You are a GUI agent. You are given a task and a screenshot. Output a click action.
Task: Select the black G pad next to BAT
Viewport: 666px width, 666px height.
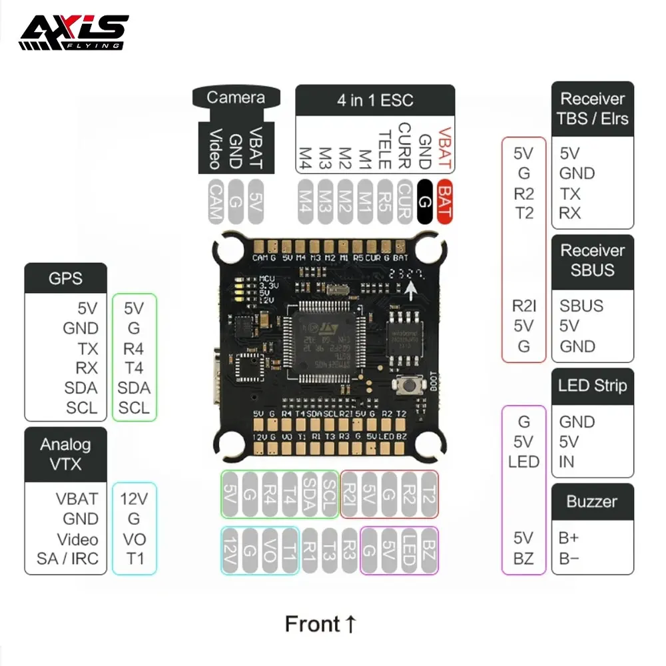point(424,201)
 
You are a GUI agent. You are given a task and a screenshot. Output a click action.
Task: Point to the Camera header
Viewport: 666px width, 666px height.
point(235,98)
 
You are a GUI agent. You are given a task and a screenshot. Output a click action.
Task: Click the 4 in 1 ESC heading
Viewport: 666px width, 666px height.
point(374,101)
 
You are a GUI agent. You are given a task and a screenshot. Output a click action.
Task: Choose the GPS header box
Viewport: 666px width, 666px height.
point(65,278)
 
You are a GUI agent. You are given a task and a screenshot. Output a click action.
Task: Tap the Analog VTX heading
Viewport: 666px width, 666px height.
point(65,455)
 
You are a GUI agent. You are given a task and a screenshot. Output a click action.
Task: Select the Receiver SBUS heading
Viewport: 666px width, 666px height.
point(592,260)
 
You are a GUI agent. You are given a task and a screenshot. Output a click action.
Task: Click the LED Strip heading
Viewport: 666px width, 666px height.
point(592,386)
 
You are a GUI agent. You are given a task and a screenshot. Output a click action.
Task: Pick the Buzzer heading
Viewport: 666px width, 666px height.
point(592,501)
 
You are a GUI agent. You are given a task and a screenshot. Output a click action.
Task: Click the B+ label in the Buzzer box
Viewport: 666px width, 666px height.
point(569,538)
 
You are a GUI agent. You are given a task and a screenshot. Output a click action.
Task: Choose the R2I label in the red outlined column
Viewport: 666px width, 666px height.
point(523,306)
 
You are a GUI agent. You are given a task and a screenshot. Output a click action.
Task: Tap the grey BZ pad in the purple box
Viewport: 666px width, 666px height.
point(430,549)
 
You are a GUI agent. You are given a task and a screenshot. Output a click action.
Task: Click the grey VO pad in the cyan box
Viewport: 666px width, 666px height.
point(270,549)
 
